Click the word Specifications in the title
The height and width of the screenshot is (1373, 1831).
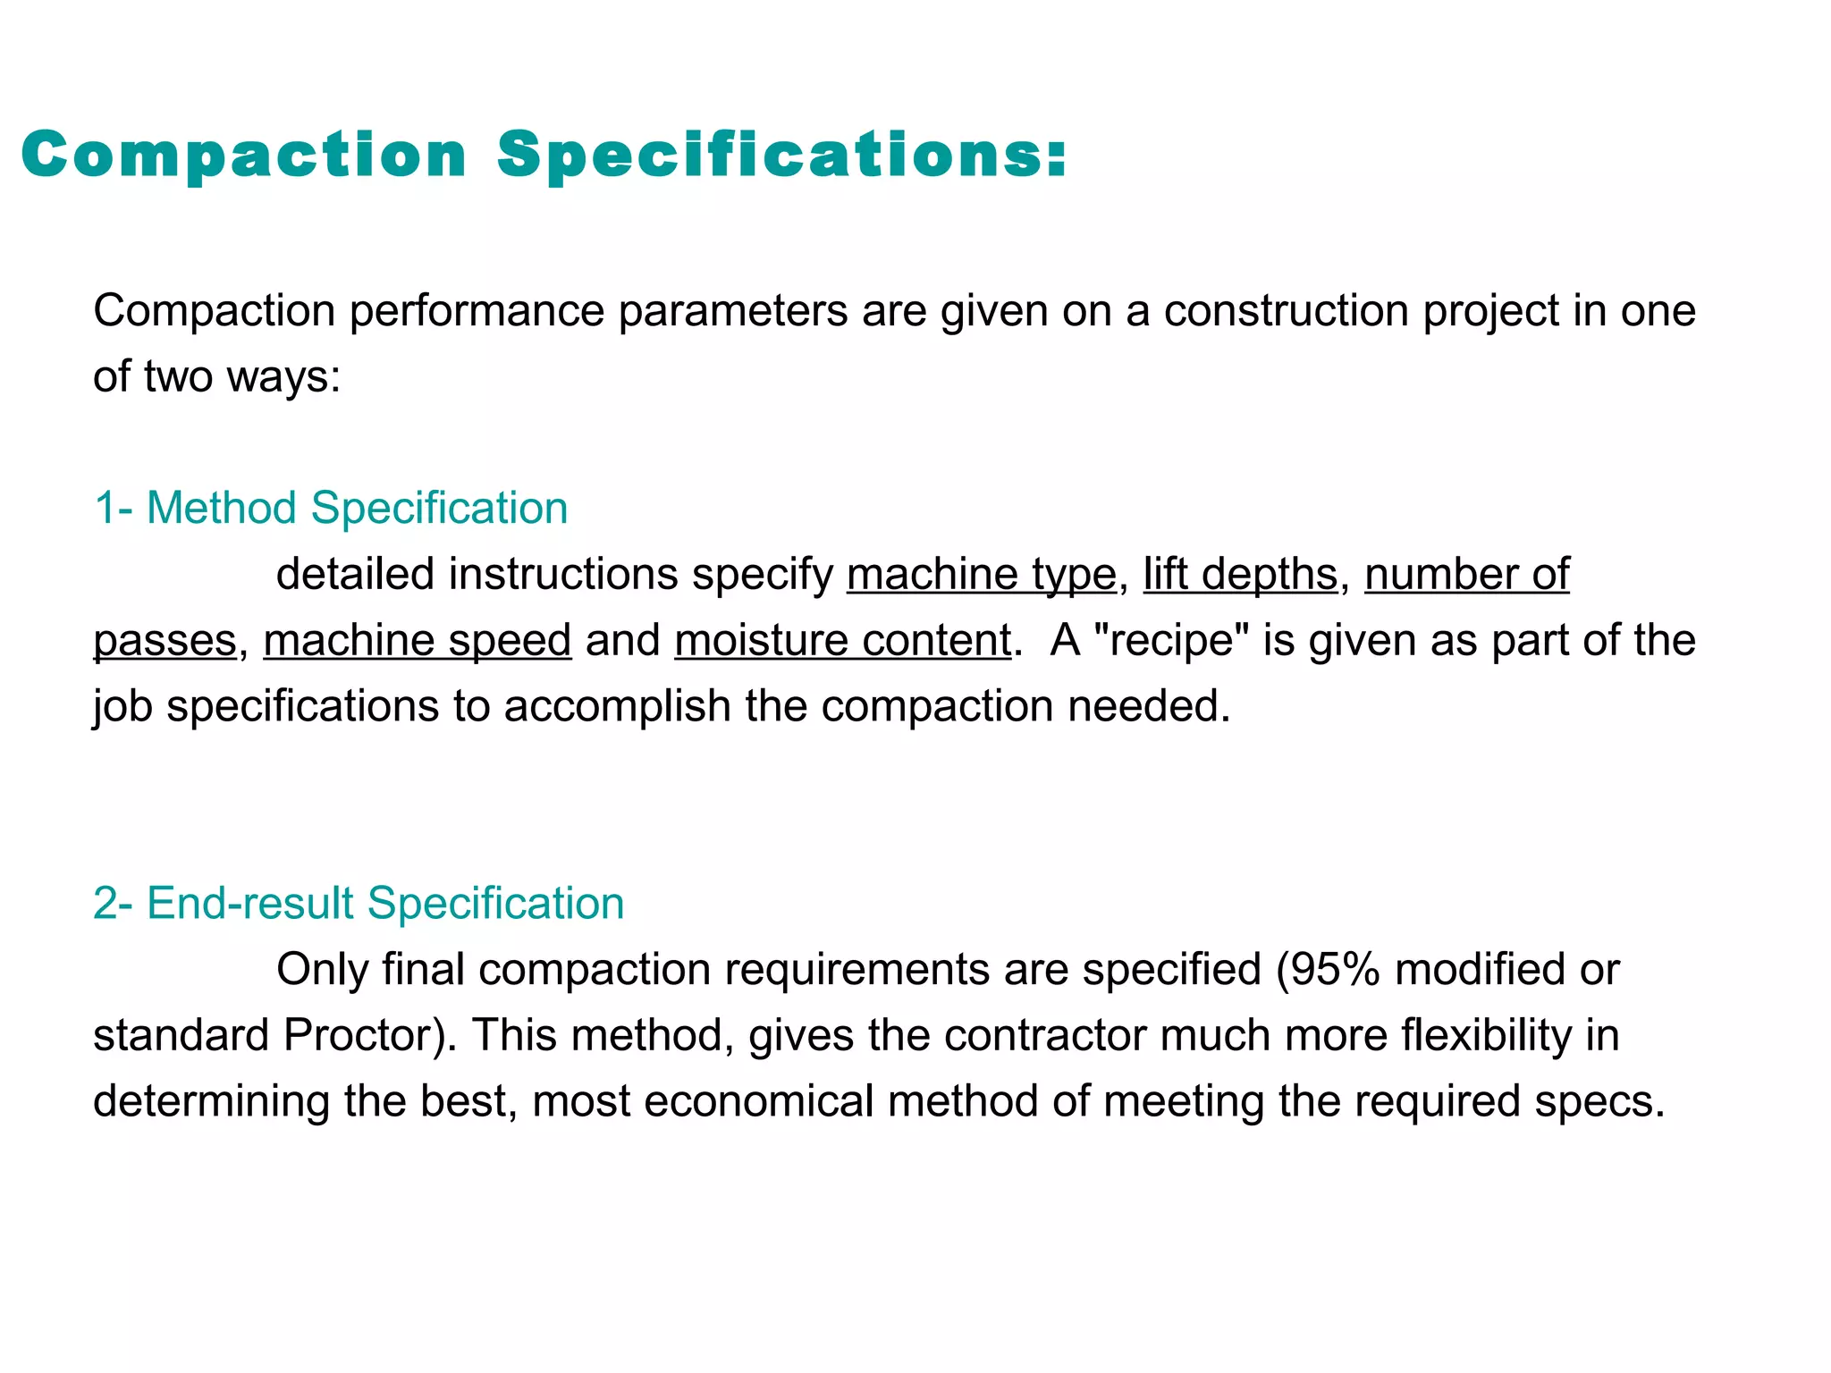(781, 155)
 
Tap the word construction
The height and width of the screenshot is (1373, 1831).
(1286, 311)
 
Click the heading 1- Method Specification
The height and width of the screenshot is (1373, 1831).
(331, 508)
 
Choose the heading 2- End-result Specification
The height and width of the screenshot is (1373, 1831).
(359, 903)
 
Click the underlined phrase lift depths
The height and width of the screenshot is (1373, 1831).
(1240, 574)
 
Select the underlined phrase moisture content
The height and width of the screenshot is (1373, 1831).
(842, 640)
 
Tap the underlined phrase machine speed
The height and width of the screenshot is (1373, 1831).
(417, 640)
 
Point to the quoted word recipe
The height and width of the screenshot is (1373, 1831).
(1170, 640)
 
